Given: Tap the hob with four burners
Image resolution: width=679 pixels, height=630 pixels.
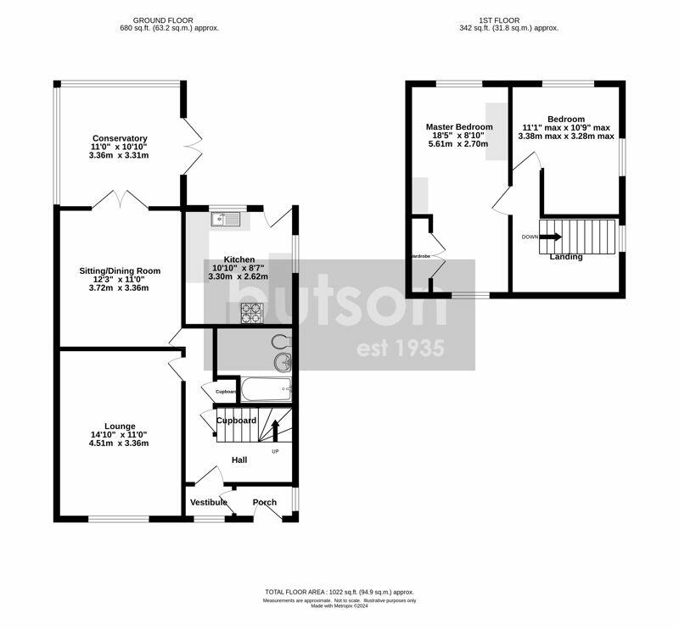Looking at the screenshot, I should point(252,314).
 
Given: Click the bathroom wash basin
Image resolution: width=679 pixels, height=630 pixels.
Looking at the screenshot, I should point(283,363).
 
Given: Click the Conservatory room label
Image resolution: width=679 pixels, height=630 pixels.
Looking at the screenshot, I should point(120,138).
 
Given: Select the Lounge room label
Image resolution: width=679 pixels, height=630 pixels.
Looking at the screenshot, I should point(120,426).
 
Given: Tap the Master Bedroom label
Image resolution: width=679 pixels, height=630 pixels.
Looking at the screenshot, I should point(459,127).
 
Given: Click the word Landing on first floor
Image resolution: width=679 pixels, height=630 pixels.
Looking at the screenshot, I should point(566,257).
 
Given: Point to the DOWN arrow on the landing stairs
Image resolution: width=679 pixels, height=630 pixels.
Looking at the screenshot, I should point(551,237).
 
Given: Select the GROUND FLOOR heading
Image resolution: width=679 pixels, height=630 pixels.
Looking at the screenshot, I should point(163,20).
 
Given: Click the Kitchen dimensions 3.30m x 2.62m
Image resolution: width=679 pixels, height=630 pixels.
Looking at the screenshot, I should point(238,276).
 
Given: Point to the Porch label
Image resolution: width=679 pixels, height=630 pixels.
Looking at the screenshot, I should point(265,502).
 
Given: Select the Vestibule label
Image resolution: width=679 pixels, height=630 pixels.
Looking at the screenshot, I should point(208,502).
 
